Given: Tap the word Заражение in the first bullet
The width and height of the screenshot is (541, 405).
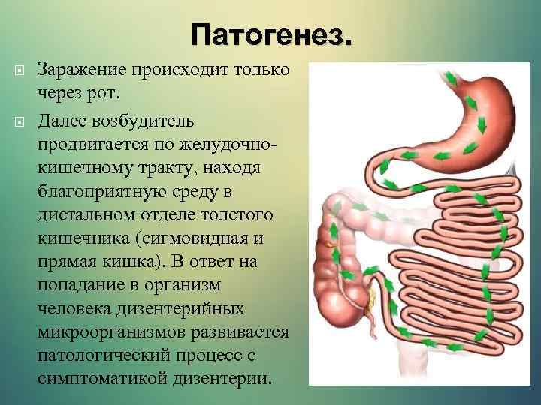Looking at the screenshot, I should tap(84, 70).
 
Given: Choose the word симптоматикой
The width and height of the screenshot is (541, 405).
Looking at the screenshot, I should tap(99, 378).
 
